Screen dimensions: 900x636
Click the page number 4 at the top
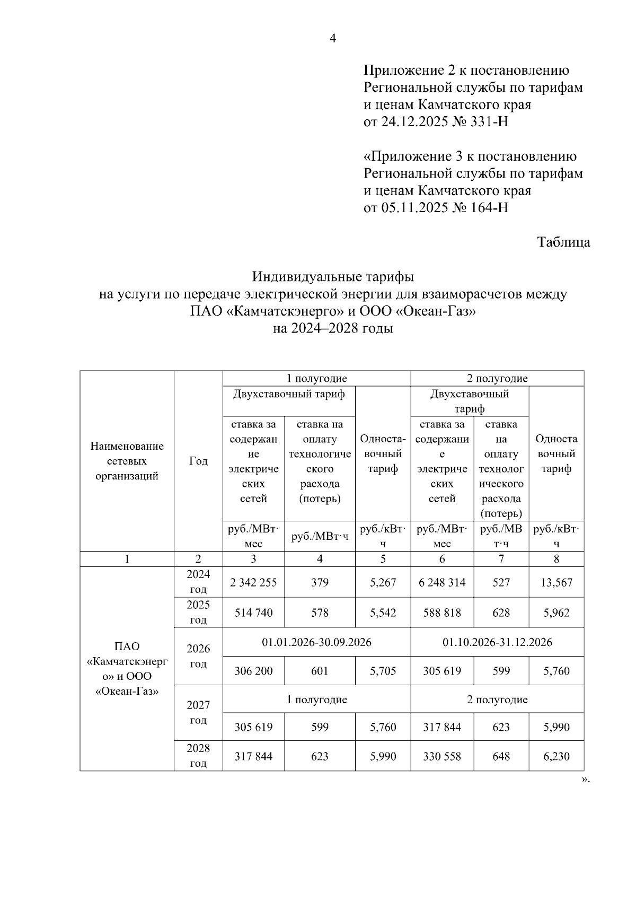(333, 38)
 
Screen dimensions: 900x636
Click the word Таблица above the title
(563, 242)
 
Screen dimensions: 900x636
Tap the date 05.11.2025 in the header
(414, 207)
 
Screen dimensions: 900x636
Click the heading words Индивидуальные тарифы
(333, 277)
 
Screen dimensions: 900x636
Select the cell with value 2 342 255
(253, 582)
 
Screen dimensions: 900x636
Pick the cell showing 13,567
(556, 582)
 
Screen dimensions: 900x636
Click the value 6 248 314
(442, 582)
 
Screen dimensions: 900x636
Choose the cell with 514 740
(253, 613)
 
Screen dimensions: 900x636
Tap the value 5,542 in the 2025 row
(383, 613)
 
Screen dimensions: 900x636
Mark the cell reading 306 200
(253, 671)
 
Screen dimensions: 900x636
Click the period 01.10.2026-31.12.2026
(497, 642)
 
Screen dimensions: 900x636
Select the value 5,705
(383, 671)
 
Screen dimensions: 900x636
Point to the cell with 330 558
(442, 756)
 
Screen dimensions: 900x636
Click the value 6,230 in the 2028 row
(556, 756)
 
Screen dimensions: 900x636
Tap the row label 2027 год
(198, 712)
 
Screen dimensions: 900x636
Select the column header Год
(198, 461)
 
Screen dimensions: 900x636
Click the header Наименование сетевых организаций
(127, 461)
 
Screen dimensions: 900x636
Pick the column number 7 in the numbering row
(501, 558)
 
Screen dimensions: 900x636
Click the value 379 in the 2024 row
(320, 582)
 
